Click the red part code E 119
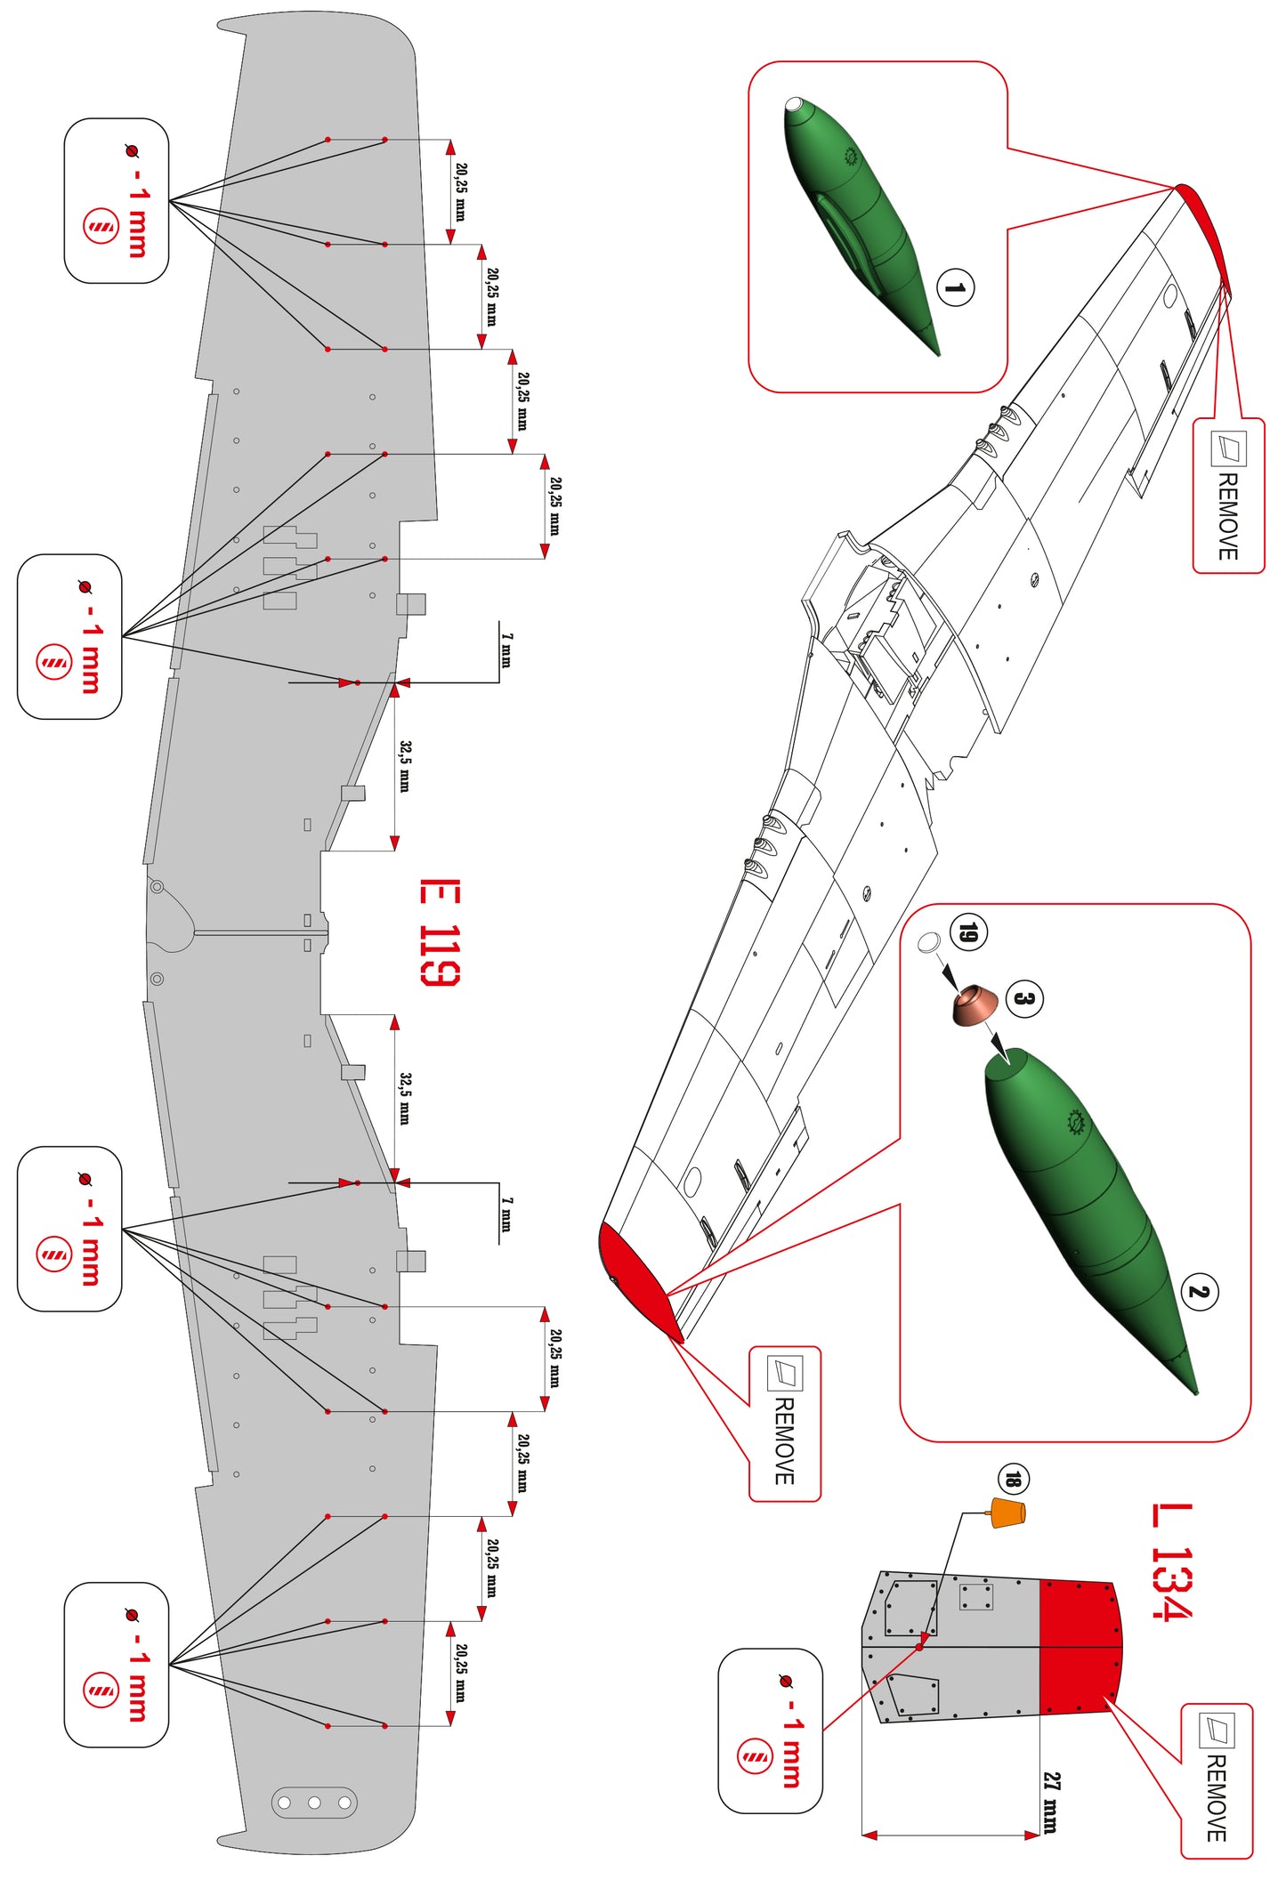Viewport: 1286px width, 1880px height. pyautogui.click(x=440, y=932)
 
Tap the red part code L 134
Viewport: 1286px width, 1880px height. pyautogui.click(x=1171, y=1561)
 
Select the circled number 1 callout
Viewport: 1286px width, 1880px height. pyautogui.click(x=955, y=287)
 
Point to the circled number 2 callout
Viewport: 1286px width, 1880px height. pyautogui.click(x=1199, y=1292)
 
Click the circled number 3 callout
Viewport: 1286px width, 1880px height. pyautogui.click(x=1024, y=998)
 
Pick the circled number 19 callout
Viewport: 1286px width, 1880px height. pyautogui.click(x=968, y=932)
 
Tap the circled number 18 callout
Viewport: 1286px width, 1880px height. pyautogui.click(x=1013, y=1480)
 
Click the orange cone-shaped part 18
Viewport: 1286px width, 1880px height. pyautogui.click(x=1008, y=1513)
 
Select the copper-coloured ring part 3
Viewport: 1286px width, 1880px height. pyautogui.click(x=974, y=1005)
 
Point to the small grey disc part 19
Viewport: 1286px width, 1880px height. pyautogui.click(x=928, y=941)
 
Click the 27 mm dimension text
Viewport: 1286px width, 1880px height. pyautogui.click(x=1051, y=1803)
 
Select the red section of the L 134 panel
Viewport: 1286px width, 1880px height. pyautogui.click(x=1078, y=1647)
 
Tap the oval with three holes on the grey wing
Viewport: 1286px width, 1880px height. pyautogui.click(x=314, y=1803)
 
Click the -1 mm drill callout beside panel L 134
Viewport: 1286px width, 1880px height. pyautogui.click(x=771, y=1731)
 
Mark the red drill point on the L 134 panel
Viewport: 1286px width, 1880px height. pyautogui.click(x=919, y=1647)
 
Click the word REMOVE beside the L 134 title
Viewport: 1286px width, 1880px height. pyautogui.click(x=1216, y=1797)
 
